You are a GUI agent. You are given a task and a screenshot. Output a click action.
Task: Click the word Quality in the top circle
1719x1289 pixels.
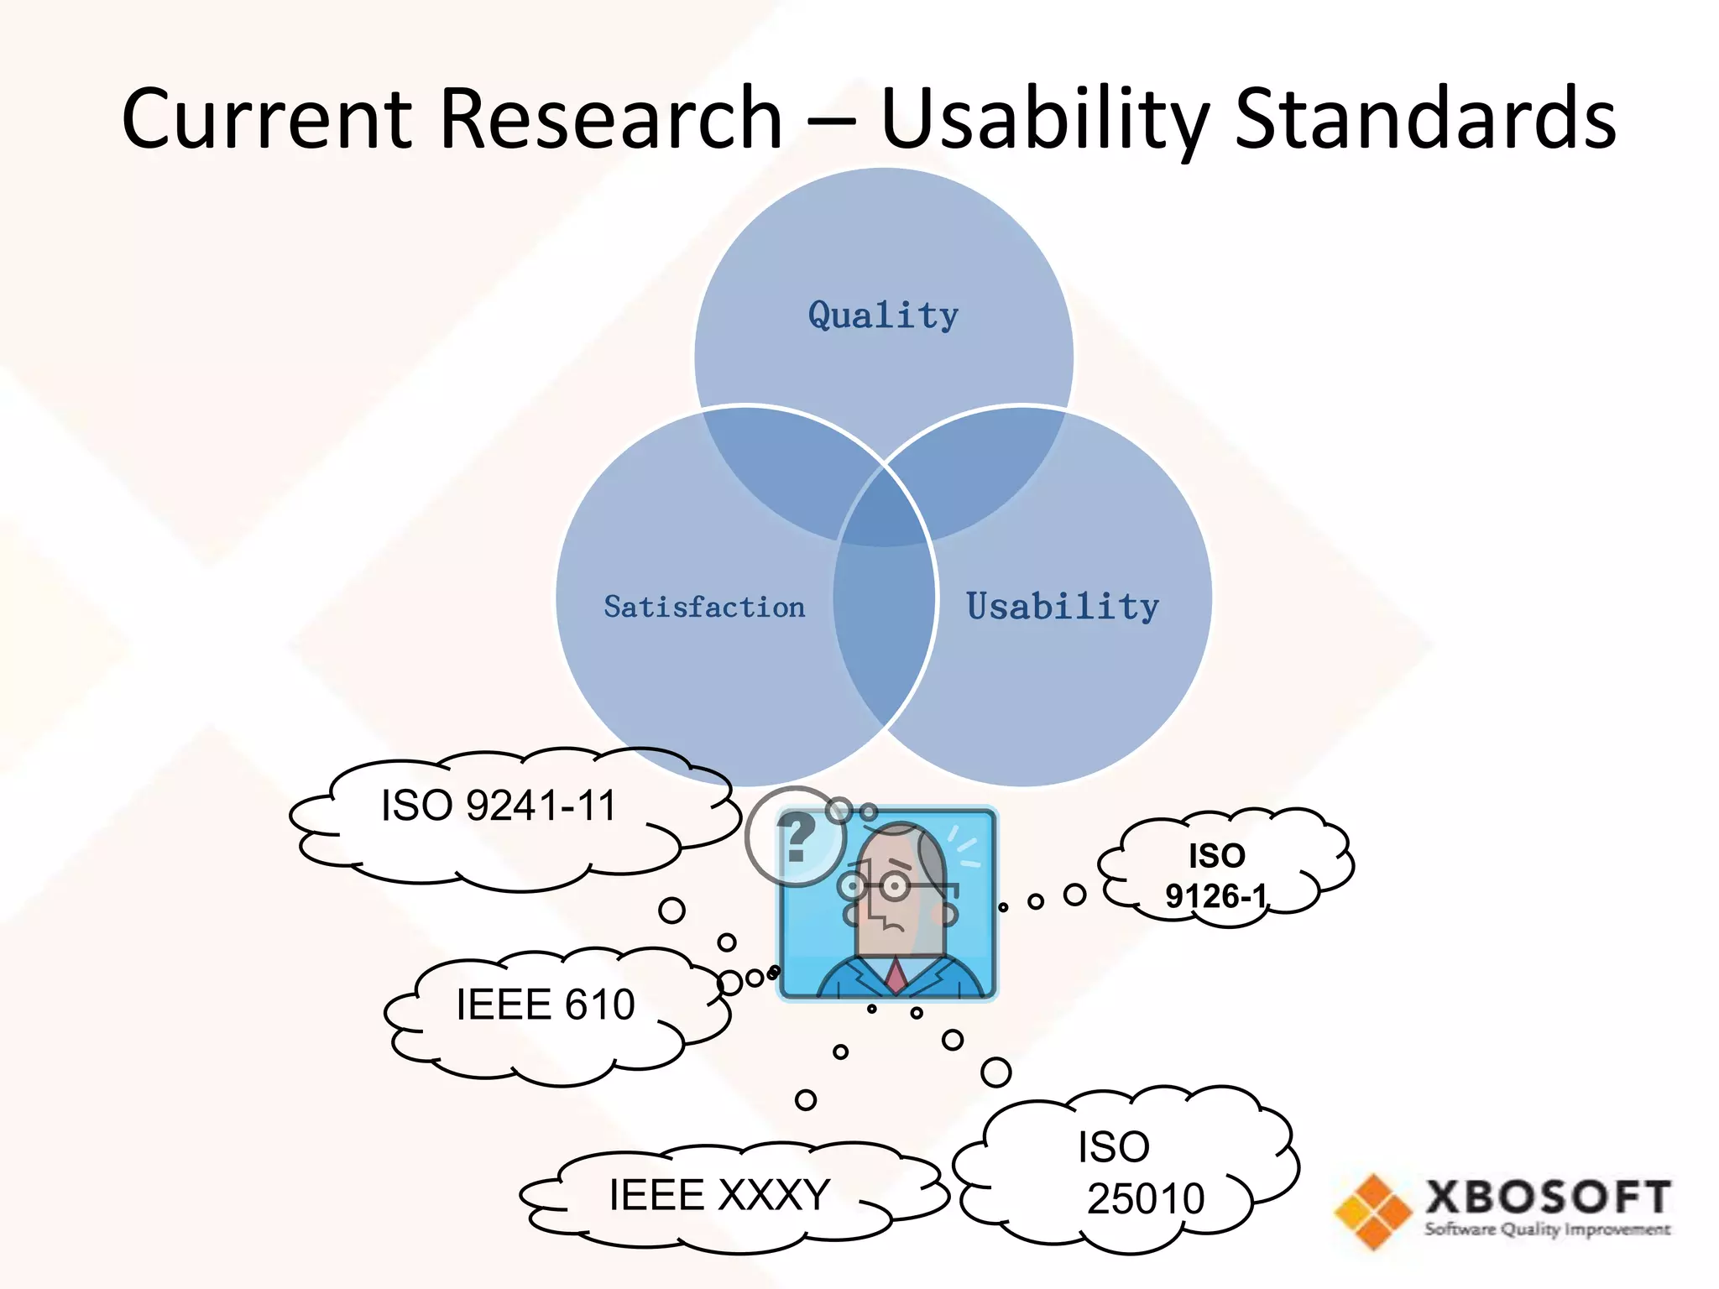click(x=883, y=316)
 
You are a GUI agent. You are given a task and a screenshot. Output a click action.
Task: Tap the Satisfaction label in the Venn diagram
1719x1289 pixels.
click(x=704, y=607)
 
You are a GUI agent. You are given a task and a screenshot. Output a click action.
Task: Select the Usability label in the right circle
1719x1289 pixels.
click(x=1063, y=607)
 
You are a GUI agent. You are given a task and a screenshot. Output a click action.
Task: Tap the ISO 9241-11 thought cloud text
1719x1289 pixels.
click(x=499, y=806)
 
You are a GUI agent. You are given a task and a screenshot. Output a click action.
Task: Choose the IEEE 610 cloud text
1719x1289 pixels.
click(x=546, y=1005)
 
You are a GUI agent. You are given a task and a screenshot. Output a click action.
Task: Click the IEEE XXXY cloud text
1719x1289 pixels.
click(x=719, y=1194)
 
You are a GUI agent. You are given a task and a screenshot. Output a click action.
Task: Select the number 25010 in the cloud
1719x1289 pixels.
click(x=1146, y=1198)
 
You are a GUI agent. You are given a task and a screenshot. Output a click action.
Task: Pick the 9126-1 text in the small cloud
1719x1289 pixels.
click(x=1215, y=896)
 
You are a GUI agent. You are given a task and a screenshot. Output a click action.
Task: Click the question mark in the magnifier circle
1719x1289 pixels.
click(x=796, y=837)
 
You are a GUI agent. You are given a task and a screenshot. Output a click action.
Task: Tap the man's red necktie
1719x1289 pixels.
click(x=896, y=975)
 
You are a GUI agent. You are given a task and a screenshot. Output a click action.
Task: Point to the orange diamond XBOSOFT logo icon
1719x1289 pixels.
click(x=1373, y=1211)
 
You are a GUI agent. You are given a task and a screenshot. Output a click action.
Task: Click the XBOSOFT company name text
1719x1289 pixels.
click(x=1547, y=1197)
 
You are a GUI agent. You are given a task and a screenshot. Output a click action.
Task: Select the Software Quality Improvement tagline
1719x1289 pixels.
click(x=1547, y=1229)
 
